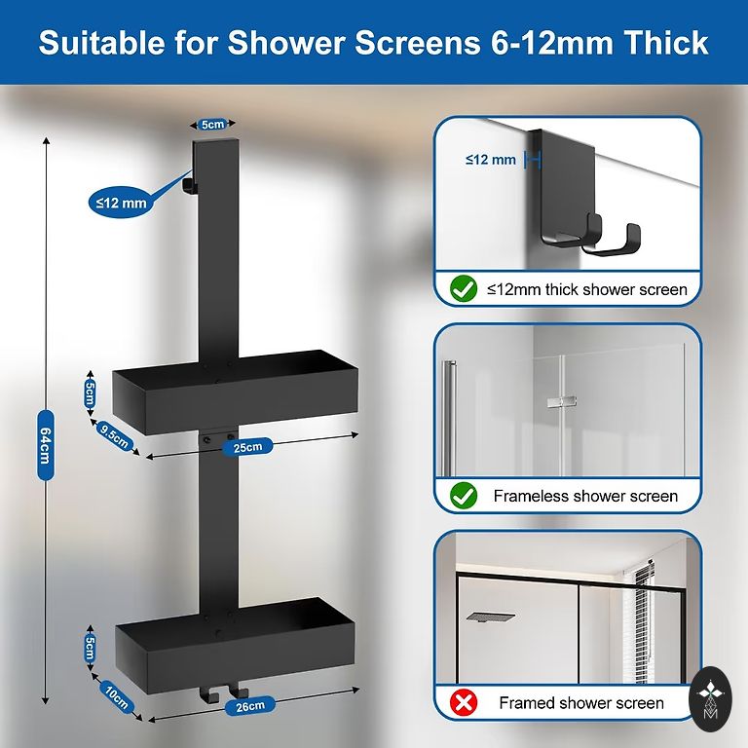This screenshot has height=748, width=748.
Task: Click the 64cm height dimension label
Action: point(46,444)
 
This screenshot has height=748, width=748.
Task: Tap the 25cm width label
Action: point(247,447)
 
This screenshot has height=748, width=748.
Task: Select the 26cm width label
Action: point(250,706)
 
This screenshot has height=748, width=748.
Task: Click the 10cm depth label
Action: point(117,697)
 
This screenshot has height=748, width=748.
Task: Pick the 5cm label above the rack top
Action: point(212,125)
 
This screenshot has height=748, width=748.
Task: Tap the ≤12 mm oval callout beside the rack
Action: point(121,203)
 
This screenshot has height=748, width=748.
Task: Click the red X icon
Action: point(464,702)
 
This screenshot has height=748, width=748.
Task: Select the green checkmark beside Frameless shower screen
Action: point(464,496)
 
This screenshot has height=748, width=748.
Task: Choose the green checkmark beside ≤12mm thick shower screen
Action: point(464,289)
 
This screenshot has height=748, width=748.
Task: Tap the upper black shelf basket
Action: point(235,393)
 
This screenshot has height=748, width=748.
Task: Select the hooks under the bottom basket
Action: point(223,694)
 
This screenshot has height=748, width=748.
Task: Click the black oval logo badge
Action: point(710,699)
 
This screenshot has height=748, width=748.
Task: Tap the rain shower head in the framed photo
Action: point(491,617)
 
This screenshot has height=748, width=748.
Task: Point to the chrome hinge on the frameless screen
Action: point(562,401)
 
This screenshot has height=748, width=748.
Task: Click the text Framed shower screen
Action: point(581,702)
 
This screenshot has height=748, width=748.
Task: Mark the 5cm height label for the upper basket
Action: point(90,393)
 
